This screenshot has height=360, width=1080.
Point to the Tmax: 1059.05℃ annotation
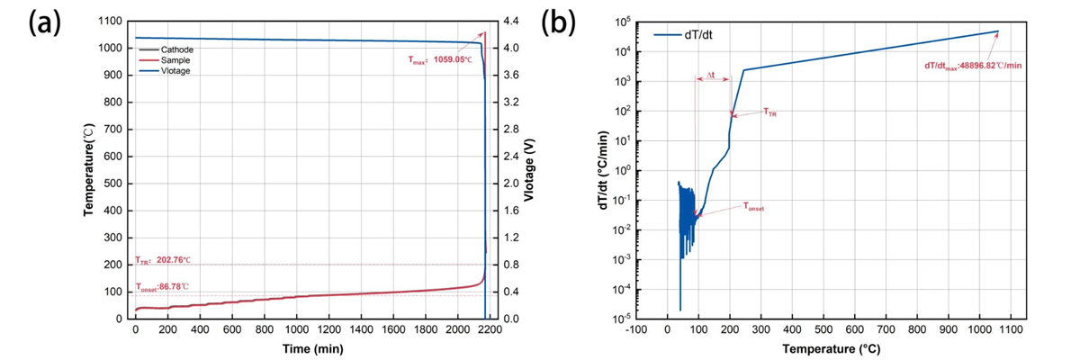[436, 59]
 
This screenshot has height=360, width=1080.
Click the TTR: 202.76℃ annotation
[164, 259]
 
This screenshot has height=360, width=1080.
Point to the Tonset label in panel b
[753, 207]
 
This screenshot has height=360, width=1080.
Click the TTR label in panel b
[769, 112]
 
